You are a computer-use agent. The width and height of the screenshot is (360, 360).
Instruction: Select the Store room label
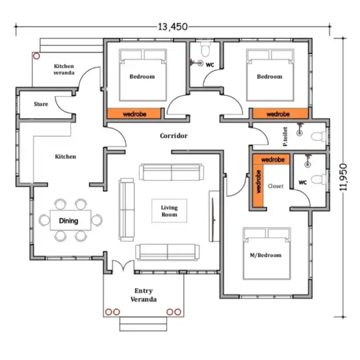pyautogui.click(x=41, y=104)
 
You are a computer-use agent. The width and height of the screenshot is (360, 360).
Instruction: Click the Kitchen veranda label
pyautogui.click(x=64, y=69)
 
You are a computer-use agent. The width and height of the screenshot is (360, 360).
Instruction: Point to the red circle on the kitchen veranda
pyautogui.click(x=36, y=56)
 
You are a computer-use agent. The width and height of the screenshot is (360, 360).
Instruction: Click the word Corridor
pyautogui.click(x=174, y=136)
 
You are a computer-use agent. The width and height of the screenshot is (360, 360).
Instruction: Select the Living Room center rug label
pyautogui.click(x=169, y=211)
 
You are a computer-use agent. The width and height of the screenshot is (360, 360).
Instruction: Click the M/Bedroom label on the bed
pyautogui.click(x=266, y=255)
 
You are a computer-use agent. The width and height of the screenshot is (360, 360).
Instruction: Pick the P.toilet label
pyautogui.click(x=285, y=136)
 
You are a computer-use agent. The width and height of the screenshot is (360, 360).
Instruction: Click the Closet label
pyautogui.click(x=275, y=186)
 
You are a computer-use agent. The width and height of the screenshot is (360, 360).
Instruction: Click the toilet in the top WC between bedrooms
pyautogui.click(x=205, y=50)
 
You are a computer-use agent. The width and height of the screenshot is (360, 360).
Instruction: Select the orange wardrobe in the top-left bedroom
pyautogui.click(x=134, y=114)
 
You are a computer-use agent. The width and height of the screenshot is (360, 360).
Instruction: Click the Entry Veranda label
pyautogui.click(x=143, y=295)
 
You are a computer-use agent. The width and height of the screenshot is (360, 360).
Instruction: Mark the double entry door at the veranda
pyautogui.click(x=123, y=266)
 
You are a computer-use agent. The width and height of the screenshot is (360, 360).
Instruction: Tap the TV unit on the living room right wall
pyautogui.click(x=214, y=216)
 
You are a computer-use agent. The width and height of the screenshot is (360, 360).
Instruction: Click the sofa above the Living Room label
pyautogui.click(x=172, y=172)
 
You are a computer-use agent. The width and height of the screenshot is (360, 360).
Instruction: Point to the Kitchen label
pyautogui.click(x=65, y=156)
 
